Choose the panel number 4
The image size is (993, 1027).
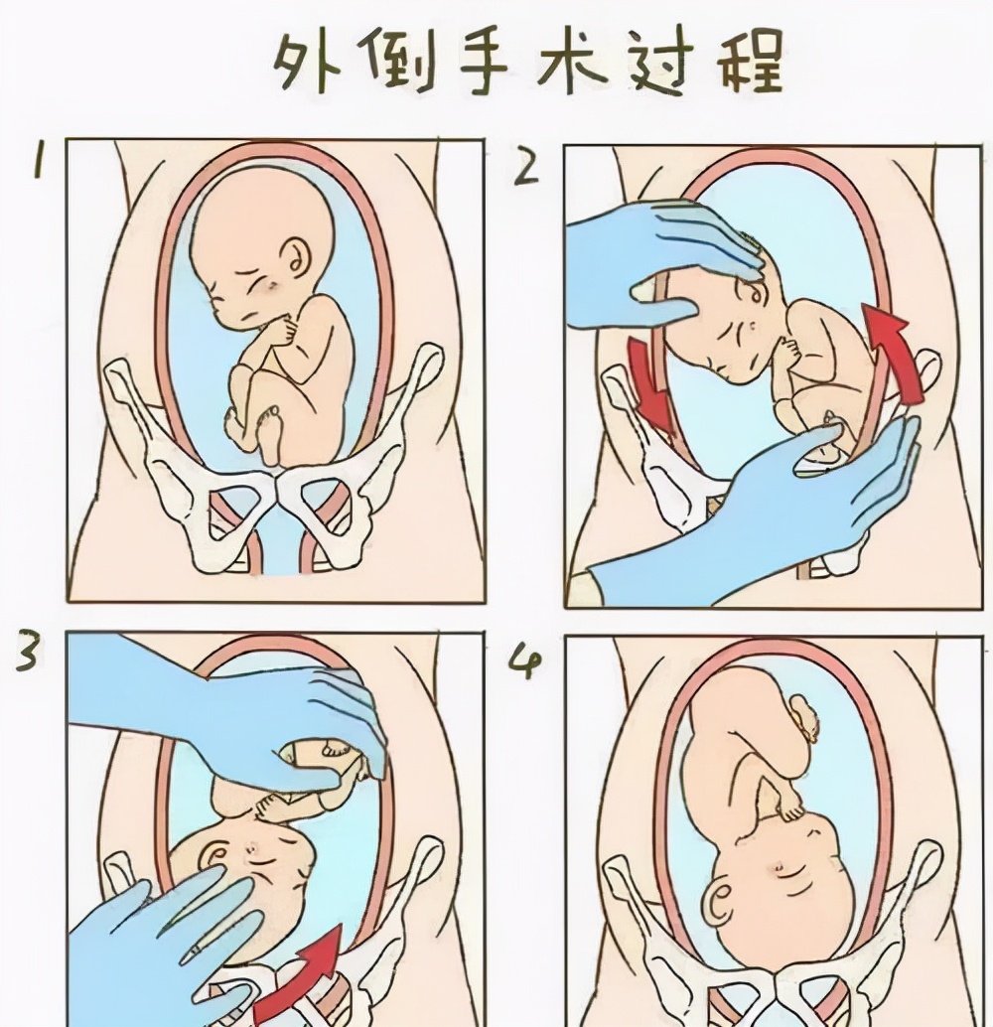pyautogui.click(x=523, y=660)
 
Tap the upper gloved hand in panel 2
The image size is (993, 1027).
pyautogui.click(x=655, y=258)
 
